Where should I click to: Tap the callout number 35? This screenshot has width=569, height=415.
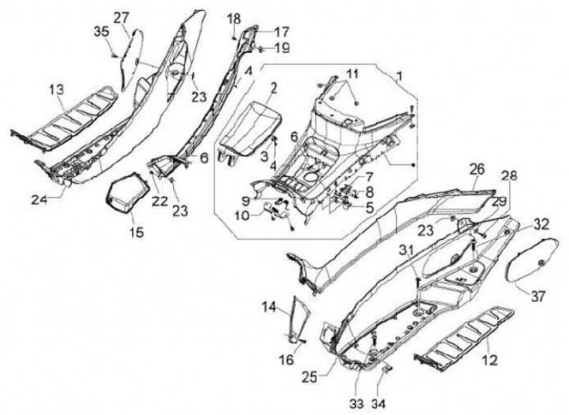102,32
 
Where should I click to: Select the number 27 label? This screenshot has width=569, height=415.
122,17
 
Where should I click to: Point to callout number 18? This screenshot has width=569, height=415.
233,18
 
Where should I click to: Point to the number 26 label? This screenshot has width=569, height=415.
476,168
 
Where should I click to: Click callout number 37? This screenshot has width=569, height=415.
537,296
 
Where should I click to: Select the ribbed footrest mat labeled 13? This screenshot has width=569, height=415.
75,119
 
